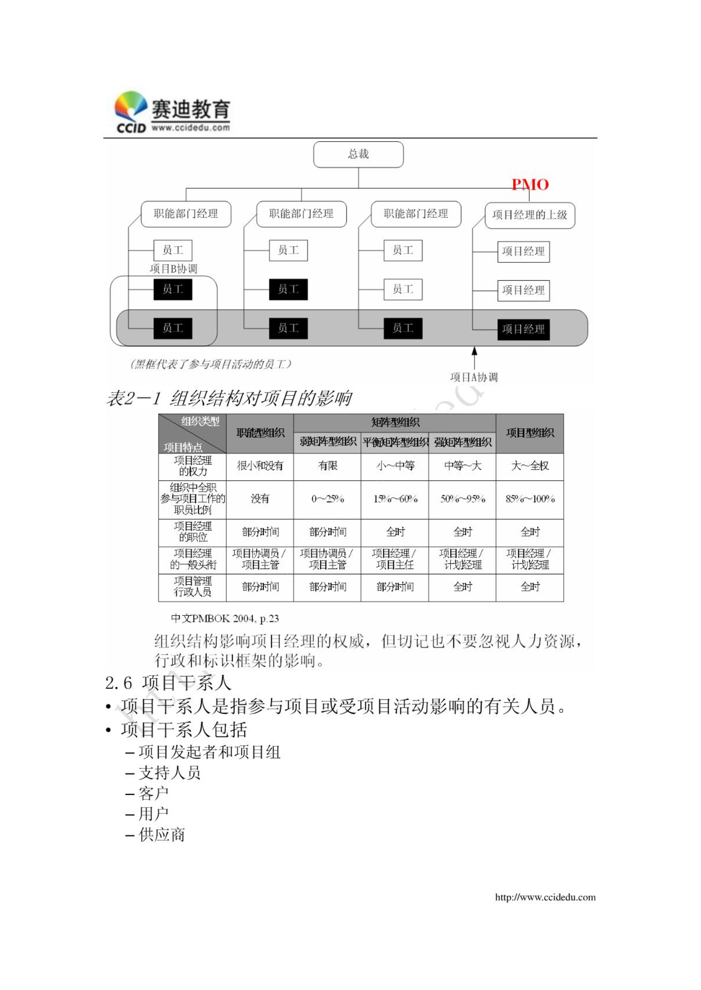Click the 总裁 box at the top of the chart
pos(358,154)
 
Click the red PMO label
pos(530,185)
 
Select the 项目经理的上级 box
pos(529,215)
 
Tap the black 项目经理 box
pos(523,329)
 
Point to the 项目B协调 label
pos(173,269)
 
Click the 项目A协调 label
pos(474,377)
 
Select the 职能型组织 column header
pos(260,433)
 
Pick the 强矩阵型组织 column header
pos(462,442)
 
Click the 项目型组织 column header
pos(529,433)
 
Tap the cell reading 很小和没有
pos(260,466)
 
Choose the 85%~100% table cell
pos(529,499)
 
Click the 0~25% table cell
pos(327,499)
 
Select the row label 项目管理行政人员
pos(192,586)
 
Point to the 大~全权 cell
pos(529,466)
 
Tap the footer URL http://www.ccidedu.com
pos(545,897)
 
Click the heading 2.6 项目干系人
pos(168,683)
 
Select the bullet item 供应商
pos(161,835)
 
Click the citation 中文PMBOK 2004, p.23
pos(225,619)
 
